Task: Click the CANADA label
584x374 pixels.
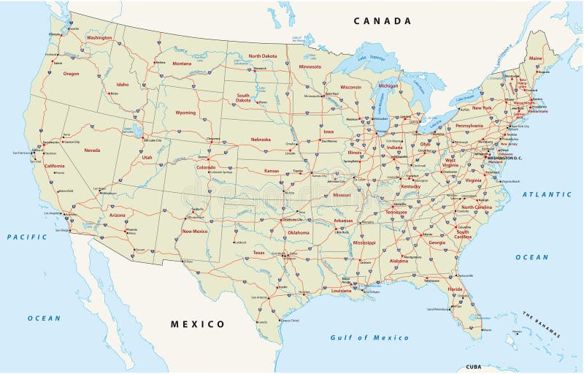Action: [x=383, y=20]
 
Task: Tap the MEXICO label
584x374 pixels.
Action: [x=198, y=324]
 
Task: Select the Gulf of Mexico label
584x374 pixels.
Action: [x=369, y=337]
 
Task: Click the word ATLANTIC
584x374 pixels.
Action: [x=547, y=194]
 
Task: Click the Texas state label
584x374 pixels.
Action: [x=259, y=252]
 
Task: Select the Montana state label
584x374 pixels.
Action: [x=182, y=64]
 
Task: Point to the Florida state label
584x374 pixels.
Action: [x=456, y=289]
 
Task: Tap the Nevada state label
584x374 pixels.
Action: [x=93, y=150]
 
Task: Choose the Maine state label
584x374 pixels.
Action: [x=536, y=58]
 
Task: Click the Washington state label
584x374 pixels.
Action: [x=99, y=37]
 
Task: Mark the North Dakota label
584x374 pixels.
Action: [x=263, y=56]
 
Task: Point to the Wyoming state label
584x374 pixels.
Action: [x=186, y=113]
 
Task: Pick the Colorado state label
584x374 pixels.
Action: [x=206, y=167]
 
